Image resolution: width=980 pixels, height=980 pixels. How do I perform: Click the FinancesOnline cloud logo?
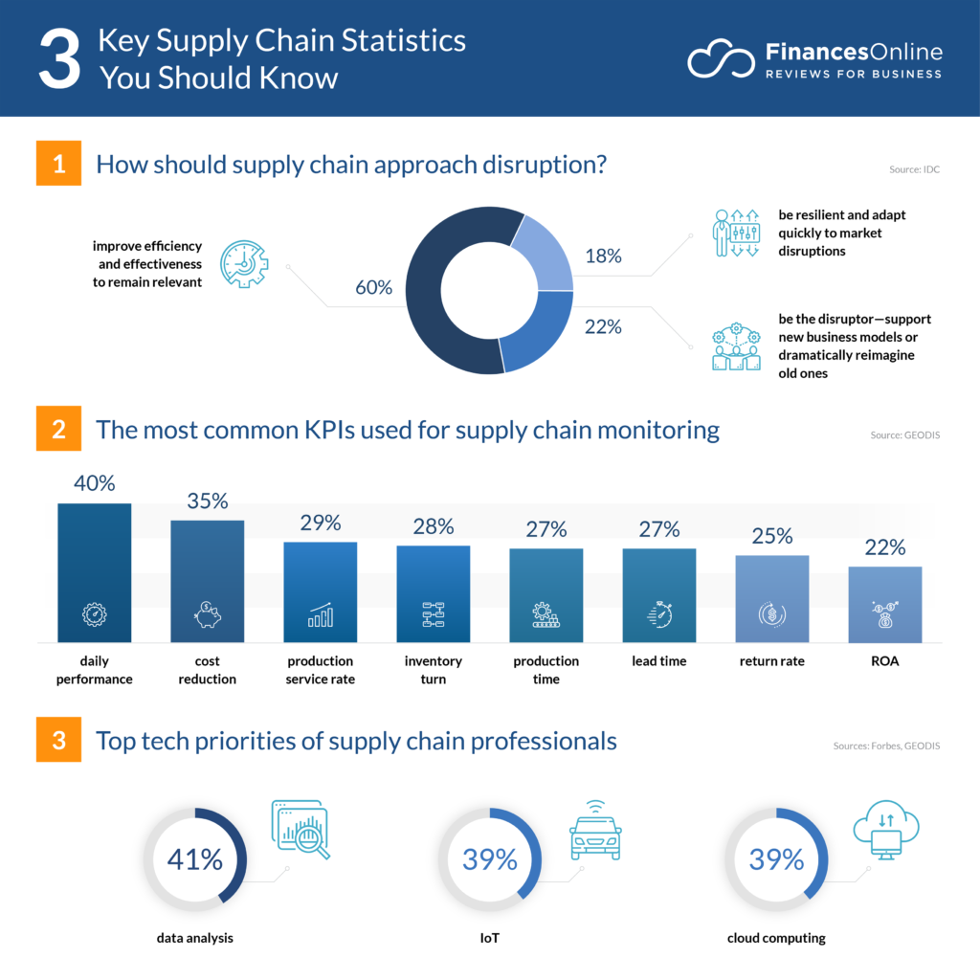tap(720, 59)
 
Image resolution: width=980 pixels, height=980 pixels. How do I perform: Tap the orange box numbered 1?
tap(59, 164)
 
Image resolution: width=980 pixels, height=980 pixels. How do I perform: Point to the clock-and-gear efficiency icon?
tap(244, 265)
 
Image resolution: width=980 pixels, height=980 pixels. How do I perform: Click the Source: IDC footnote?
tap(914, 170)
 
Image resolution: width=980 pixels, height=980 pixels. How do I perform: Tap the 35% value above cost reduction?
tap(207, 501)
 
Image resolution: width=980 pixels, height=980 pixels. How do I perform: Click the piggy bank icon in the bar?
tap(207, 614)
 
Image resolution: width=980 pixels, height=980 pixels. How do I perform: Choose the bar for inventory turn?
tap(433, 593)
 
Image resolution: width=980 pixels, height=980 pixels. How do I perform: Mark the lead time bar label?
tap(658, 661)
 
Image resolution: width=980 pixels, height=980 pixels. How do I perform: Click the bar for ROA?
tap(885, 604)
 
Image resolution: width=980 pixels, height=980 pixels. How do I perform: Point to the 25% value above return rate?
tap(771, 536)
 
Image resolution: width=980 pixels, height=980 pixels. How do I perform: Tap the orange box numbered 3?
tap(59, 742)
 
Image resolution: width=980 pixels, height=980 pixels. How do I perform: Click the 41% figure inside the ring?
tap(194, 858)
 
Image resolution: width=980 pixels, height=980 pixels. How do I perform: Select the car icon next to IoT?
tap(594, 834)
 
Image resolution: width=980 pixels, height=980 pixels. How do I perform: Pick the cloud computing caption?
tap(776, 938)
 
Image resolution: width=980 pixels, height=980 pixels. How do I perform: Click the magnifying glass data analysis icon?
tap(301, 829)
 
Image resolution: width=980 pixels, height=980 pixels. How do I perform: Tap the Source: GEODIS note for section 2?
tap(905, 435)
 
